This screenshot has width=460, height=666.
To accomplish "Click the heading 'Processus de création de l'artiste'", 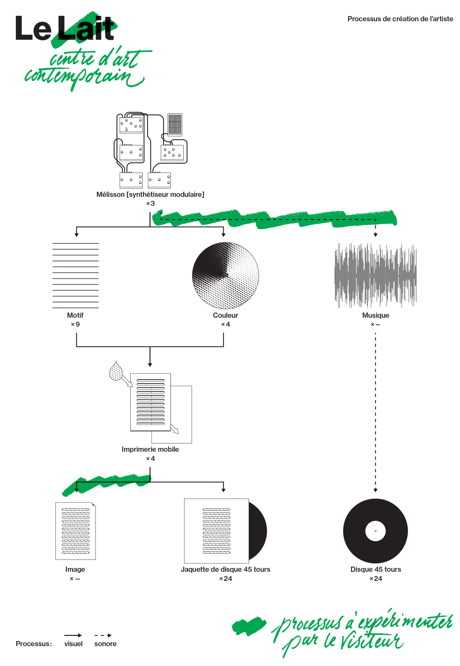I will (400, 19).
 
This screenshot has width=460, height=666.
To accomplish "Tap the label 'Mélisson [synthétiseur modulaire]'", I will (150, 194).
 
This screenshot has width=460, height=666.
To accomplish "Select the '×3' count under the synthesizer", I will (150, 203).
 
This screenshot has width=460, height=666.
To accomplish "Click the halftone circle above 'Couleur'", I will (225, 276).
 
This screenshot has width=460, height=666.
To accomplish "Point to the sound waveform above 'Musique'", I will (375, 276).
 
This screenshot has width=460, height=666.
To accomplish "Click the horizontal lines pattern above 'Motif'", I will (75, 276).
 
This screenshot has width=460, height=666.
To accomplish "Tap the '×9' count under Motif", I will (75, 324).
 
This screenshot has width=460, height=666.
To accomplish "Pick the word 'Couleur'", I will (225, 315).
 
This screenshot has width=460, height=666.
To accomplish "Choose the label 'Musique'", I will (375, 315).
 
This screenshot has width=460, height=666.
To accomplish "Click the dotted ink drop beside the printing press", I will (116, 371).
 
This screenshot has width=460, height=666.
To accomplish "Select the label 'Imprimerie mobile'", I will (150, 449).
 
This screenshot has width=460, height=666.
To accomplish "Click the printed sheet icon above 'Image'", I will (75, 531).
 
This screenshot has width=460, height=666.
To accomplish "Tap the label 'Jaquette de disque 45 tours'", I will (225, 569).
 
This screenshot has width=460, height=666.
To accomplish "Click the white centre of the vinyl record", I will (375, 531).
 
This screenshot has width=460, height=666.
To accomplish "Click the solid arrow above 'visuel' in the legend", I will (73, 635).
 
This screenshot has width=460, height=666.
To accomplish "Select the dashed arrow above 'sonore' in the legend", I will (103, 635).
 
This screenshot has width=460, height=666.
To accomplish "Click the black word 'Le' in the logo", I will (33, 28).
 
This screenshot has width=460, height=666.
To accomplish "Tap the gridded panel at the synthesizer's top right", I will (175, 124).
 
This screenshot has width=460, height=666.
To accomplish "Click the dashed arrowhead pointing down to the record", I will (375, 490).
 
